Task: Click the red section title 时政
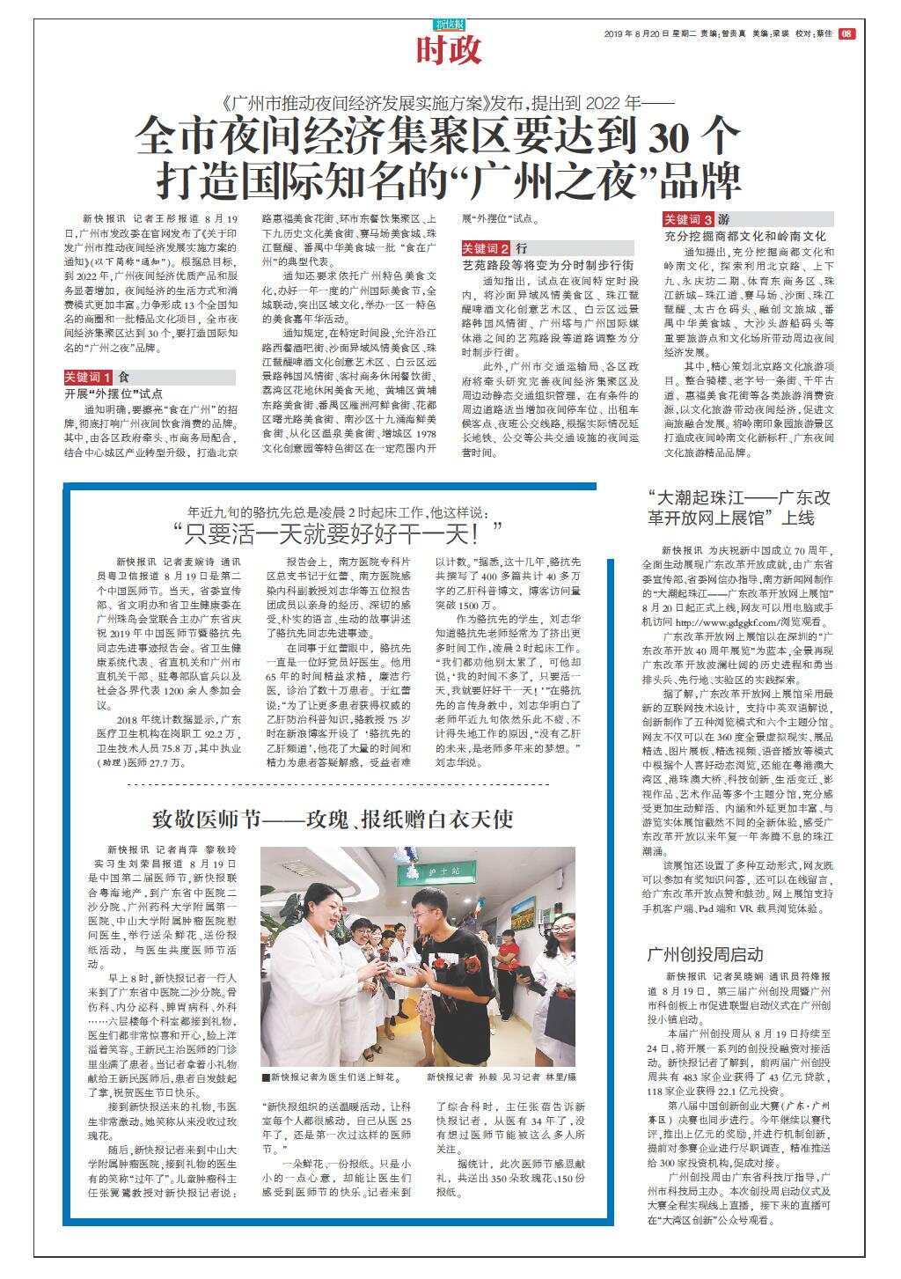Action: tap(449, 50)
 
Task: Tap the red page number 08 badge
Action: tap(846, 34)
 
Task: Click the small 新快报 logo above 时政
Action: tap(449, 25)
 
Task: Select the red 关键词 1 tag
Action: tap(88, 377)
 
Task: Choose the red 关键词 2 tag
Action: tap(487, 249)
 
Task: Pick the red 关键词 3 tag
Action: tap(688, 219)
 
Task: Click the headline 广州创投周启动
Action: tap(705, 954)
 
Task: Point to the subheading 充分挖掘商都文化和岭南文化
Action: tap(744, 236)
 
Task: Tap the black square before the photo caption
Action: tap(265, 1077)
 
